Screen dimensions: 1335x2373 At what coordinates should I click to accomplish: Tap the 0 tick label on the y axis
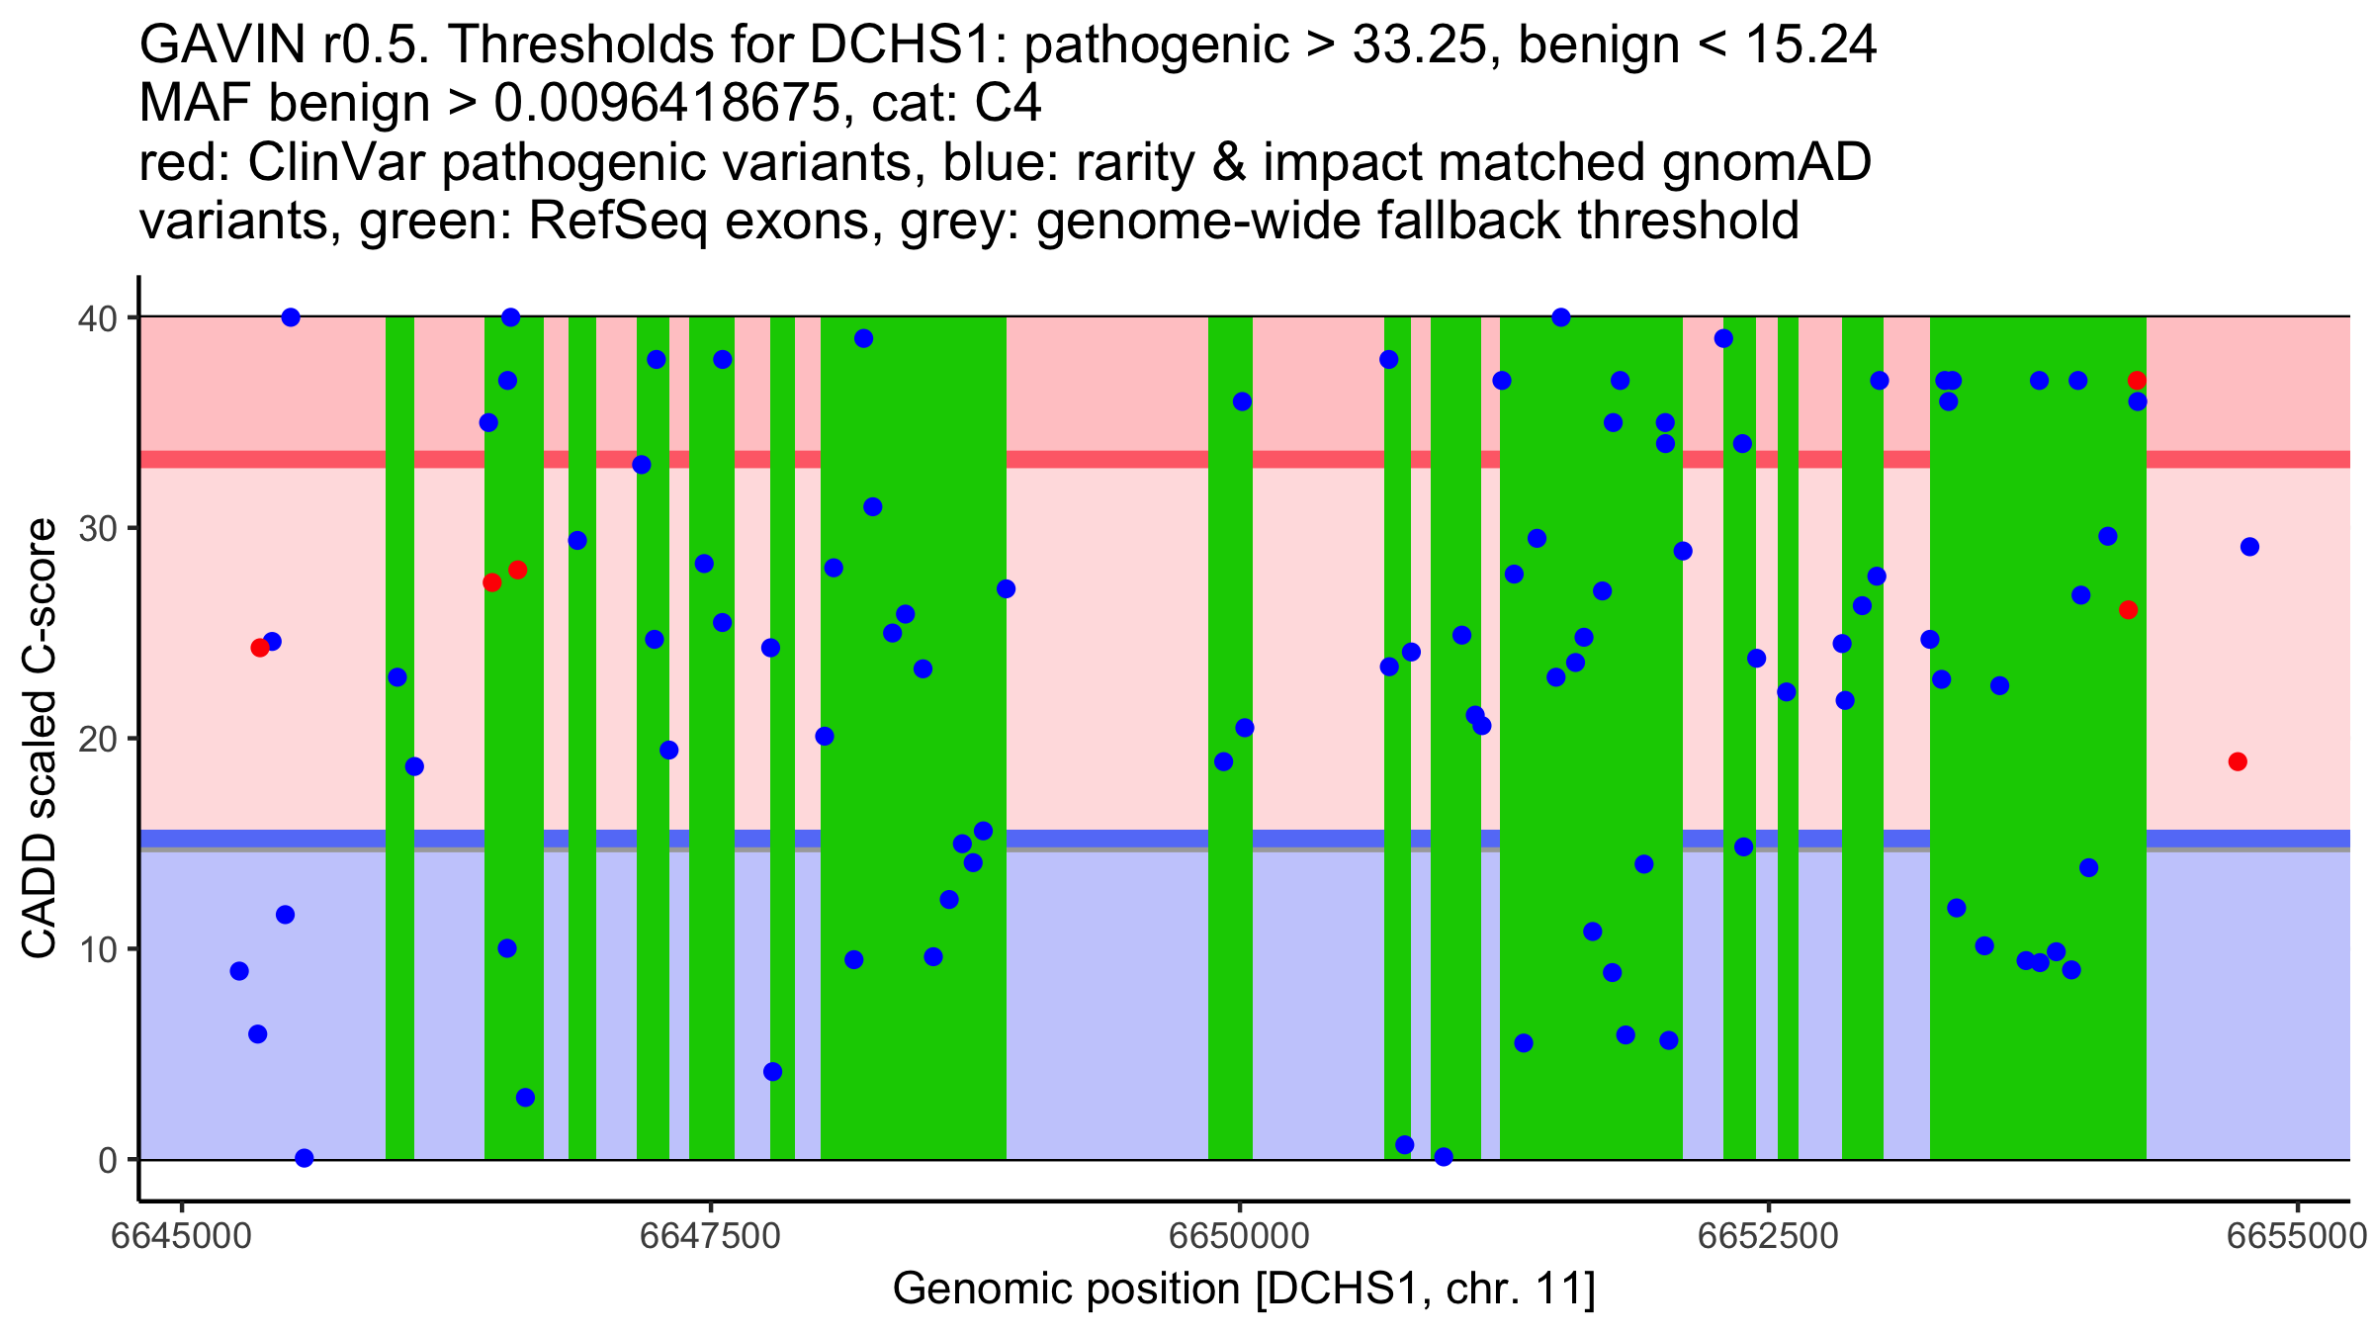point(107,1161)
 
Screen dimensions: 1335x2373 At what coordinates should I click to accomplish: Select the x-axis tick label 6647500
point(710,1236)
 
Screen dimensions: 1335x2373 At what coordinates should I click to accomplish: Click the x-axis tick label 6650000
point(1239,1236)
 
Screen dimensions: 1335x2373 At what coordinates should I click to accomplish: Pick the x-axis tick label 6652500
point(1768,1236)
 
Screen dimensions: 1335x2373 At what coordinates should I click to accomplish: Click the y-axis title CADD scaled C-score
point(40,739)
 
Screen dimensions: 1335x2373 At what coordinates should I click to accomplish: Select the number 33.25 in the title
point(1420,45)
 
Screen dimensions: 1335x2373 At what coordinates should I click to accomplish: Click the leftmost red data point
point(260,648)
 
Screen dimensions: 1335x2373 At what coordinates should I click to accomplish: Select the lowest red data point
point(2238,761)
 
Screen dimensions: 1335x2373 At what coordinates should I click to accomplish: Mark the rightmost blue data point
point(2249,547)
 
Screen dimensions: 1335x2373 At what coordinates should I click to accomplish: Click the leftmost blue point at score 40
point(291,317)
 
